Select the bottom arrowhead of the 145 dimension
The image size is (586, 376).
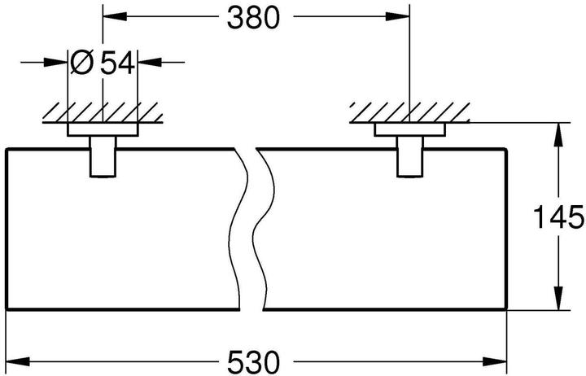[558, 301]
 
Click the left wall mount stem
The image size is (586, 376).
[103, 155]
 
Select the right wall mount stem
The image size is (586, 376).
[410, 155]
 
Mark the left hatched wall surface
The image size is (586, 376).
[103, 112]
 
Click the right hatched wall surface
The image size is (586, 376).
[410, 112]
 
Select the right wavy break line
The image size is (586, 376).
[262, 228]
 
